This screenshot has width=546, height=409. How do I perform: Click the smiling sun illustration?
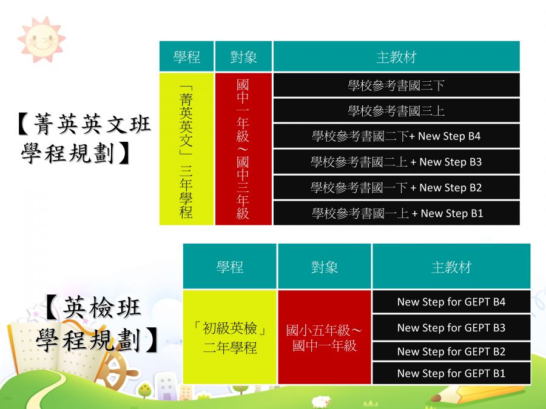click(x=41, y=39)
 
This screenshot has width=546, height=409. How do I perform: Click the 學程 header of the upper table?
click(x=187, y=56)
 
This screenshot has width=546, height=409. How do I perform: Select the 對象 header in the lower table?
click(x=324, y=267)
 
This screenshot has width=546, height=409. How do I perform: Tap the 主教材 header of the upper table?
click(x=397, y=56)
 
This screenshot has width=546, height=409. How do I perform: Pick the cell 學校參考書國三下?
click(x=397, y=85)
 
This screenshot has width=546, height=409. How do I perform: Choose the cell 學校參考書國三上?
click(x=397, y=111)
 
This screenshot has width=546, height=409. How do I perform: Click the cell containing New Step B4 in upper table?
click(x=397, y=136)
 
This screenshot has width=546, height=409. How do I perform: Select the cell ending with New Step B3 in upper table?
click(x=397, y=162)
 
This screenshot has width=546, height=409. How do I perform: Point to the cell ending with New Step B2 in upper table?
click(x=397, y=187)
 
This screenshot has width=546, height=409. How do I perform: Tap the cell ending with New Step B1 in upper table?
click(x=397, y=213)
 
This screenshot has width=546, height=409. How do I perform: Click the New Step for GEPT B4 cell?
click(x=451, y=302)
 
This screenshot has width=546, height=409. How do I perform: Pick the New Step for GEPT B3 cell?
click(x=451, y=327)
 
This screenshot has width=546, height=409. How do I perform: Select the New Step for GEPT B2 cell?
click(x=451, y=351)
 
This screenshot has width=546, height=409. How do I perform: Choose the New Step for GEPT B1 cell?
click(x=451, y=373)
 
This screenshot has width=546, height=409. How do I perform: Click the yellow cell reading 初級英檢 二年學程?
click(x=230, y=337)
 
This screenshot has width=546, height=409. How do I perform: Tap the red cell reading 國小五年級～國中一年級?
click(x=324, y=337)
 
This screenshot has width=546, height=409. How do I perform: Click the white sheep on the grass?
click(x=321, y=401)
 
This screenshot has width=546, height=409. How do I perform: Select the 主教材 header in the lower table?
click(x=451, y=267)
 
